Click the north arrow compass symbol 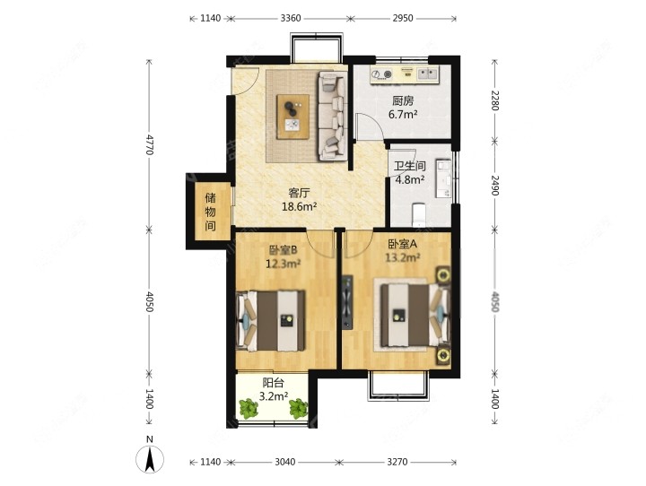[x=150, y=458]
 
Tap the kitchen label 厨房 [x=403, y=100]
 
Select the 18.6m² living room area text [x=299, y=206]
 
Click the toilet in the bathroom [x=419, y=214]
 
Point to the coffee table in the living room [x=292, y=117]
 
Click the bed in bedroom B [x=271, y=321]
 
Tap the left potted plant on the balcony [x=249, y=409]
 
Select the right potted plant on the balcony [x=298, y=409]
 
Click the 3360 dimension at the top [x=291, y=18]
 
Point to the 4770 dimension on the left [x=149, y=144]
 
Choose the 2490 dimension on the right [x=494, y=186]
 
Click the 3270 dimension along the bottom [x=397, y=462]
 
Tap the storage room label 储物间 [x=211, y=212]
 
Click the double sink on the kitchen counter [x=428, y=74]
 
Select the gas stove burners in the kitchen [x=382, y=74]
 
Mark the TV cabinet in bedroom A [x=347, y=302]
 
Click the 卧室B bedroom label [x=283, y=250]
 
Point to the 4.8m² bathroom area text [x=410, y=179]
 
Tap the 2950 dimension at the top [x=403, y=18]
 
